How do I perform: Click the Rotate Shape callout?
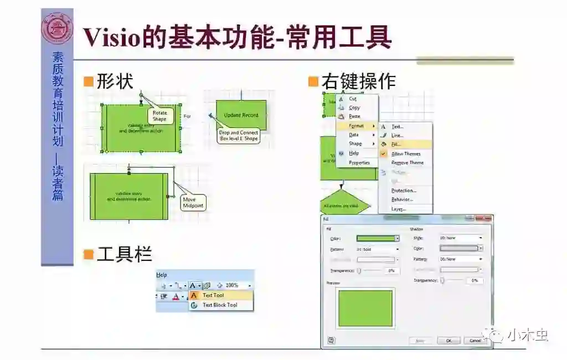[x=159, y=116]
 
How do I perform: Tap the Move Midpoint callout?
[x=193, y=202]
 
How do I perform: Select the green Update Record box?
[x=241, y=115]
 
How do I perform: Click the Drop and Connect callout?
[x=238, y=136]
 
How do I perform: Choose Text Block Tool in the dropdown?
[x=219, y=305]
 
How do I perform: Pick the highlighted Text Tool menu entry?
[x=213, y=295]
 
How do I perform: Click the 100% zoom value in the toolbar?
[x=232, y=285]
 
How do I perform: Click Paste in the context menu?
[x=354, y=117]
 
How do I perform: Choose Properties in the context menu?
[x=359, y=163]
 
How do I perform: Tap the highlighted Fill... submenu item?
[x=396, y=145]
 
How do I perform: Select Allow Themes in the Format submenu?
[x=405, y=154]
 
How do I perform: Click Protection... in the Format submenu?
[x=403, y=191]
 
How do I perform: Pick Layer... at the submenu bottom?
[x=398, y=209]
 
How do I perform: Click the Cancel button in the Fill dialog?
[x=475, y=341]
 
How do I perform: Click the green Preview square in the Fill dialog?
[x=365, y=308]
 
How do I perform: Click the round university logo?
[x=57, y=28]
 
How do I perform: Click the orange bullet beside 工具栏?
[x=88, y=254]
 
